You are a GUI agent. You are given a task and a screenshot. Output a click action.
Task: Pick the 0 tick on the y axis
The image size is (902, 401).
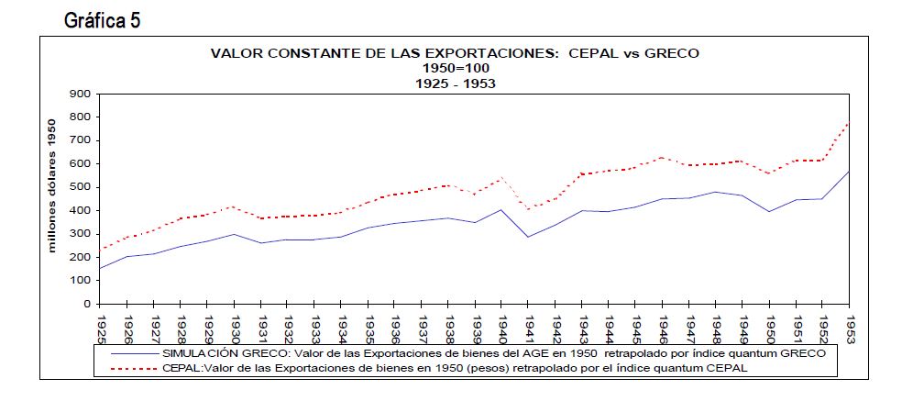tap(86, 304)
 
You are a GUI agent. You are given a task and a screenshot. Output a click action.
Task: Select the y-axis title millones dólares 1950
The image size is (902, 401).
tap(52, 185)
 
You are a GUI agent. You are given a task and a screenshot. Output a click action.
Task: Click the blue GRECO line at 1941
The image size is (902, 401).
tap(529, 237)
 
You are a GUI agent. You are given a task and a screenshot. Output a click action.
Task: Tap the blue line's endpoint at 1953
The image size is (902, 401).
tap(850, 172)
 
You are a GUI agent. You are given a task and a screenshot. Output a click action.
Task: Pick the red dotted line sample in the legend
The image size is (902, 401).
tap(133, 367)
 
